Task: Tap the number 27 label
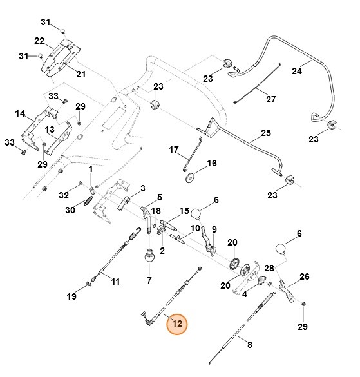(x=270, y=100)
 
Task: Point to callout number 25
(x=265, y=135)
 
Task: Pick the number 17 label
(x=173, y=150)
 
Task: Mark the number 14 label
(x=19, y=114)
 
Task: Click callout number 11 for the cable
(x=115, y=282)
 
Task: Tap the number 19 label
(x=71, y=296)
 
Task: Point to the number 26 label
(x=304, y=276)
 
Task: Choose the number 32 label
(x=63, y=194)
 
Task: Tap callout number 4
(x=245, y=294)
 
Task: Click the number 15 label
(x=184, y=211)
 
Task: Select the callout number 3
(x=142, y=187)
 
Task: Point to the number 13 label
(x=49, y=130)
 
